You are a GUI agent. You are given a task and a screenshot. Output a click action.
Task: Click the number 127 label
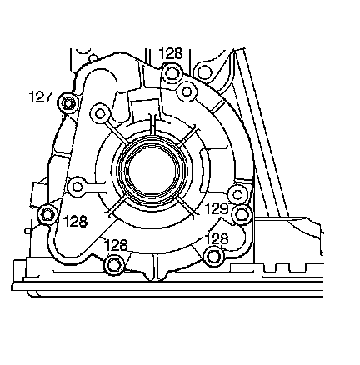(x=41, y=97)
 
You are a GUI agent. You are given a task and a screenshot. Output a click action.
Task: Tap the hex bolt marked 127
(x=67, y=103)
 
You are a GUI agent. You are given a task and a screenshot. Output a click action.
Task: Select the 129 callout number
(x=216, y=208)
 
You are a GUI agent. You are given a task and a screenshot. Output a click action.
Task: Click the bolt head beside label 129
(x=241, y=214)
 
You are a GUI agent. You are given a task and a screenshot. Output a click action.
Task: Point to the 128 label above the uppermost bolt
(x=171, y=53)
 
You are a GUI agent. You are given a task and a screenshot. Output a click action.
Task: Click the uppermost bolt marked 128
(x=171, y=72)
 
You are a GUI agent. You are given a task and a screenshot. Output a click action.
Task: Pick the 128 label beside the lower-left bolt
(x=76, y=222)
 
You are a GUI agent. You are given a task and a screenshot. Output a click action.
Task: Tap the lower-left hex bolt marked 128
(x=47, y=214)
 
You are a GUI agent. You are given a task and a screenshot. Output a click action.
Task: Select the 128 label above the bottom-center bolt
(x=116, y=245)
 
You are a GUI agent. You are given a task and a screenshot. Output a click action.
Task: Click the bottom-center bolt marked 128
(x=113, y=264)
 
